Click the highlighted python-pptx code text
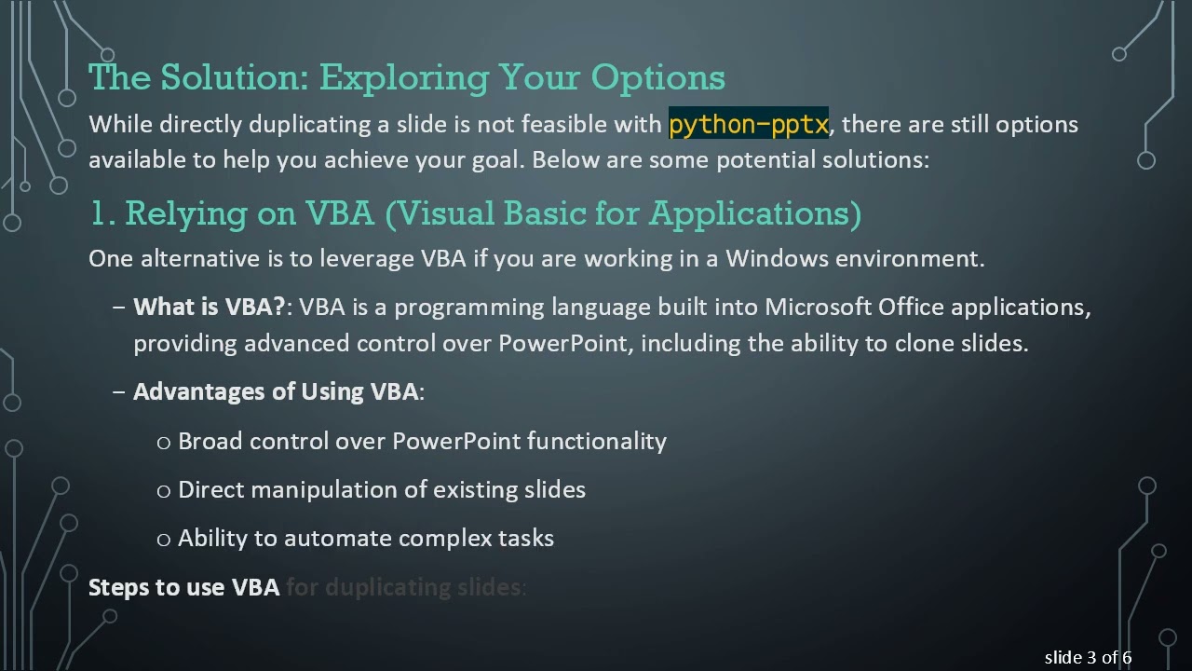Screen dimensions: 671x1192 coord(748,124)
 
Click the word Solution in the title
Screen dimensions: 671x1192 coord(234,77)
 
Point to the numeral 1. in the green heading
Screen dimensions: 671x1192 coord(102,213)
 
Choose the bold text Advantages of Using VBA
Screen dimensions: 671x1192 coord(276,391)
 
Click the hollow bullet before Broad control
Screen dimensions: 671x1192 coord(164,442)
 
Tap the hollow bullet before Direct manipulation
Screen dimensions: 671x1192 coord(164,490)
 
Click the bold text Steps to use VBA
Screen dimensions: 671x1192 coord(183,587)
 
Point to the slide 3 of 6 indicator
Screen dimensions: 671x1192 coord(1088,658)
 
